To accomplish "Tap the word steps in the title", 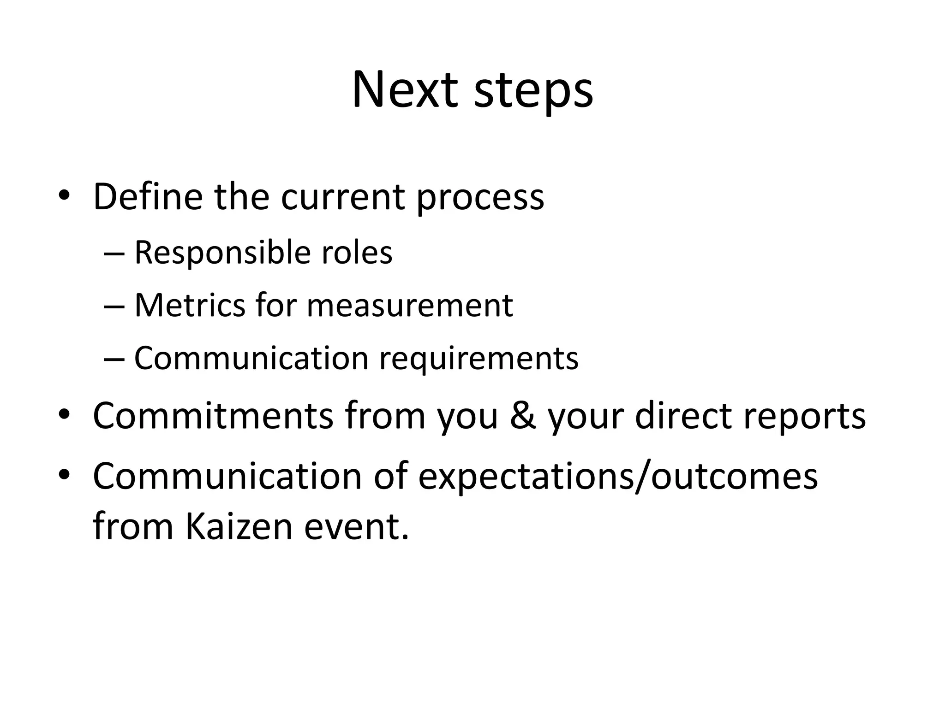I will click(x=533, y=92).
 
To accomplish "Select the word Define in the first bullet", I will click(x=148, y=197).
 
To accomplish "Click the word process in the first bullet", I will click(x=480, y=199).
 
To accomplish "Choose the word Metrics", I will click(x=190, y=305).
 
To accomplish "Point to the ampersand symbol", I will click(x=523, y=416).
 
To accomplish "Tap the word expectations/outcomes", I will click(x=618, y=478).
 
